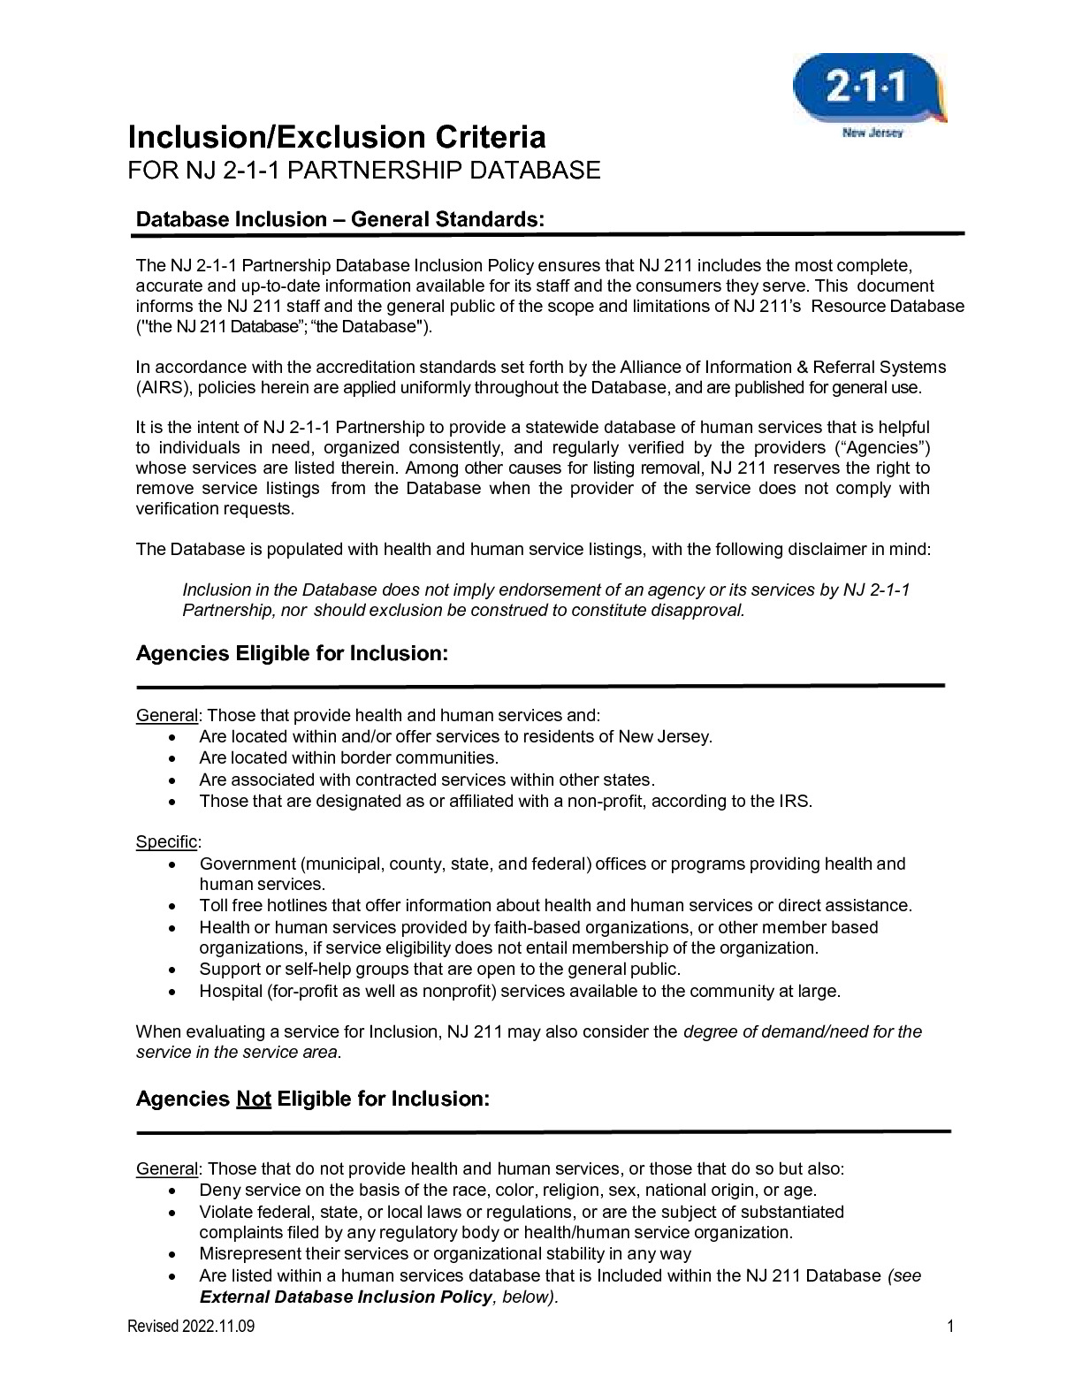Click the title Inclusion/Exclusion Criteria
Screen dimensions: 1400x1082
pyautogui.click(x=337, y=137)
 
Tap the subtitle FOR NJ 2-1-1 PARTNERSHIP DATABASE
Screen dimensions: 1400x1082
pyautogui.click(x=364, y=170)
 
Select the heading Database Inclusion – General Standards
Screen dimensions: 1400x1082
pyautogui.click(x=339, y=218)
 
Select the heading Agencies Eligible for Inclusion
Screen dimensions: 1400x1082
pyautogui.click(x=292, y=653)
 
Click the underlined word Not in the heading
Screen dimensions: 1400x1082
pyautogui.click(x=253, y=1099)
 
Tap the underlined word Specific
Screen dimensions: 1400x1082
pyautogui.click(x=166, y=841)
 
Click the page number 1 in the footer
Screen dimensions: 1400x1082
pyautogui.click(x=950, y=1326)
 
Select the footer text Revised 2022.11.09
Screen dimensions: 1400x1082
pyautogui.click(x=192, y=1326)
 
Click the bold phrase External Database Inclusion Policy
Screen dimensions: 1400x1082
pyautogui.click(x=346, y=1297)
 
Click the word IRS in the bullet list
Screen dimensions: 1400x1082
pyautogui.click(x=794, y=802)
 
